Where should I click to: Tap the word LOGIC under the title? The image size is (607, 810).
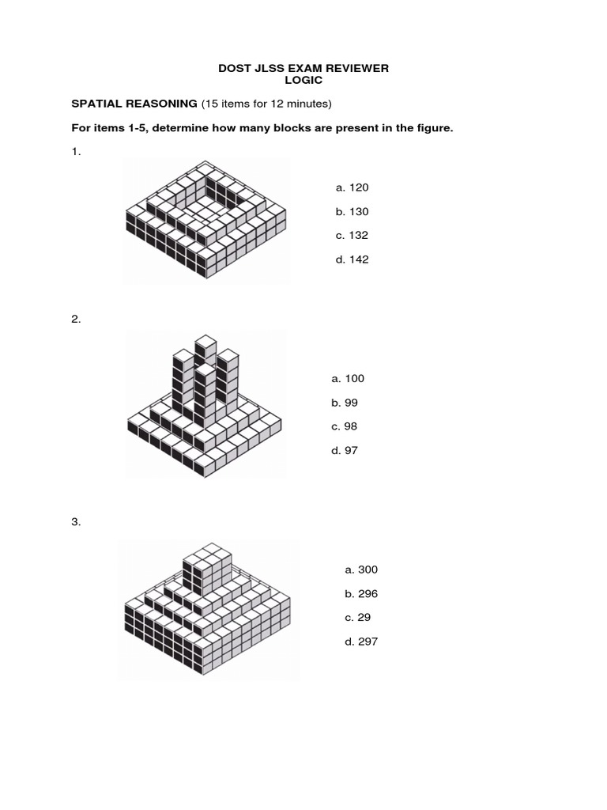[303, 81]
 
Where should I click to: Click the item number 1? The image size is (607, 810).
[76, 152]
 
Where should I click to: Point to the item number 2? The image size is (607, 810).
[76, 319]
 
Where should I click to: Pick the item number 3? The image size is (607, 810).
[76, 522]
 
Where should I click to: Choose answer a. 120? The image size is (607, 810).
[352, 187]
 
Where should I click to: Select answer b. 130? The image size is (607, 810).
[352, 211]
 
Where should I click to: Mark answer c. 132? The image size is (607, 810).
[352, 235]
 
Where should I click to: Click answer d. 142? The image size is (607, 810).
[352, 259]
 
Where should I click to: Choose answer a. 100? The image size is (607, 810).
[348, 378]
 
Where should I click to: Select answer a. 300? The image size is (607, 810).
[361, 570]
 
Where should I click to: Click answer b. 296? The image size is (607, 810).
[361, 593]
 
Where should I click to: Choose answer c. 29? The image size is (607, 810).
[357, 617]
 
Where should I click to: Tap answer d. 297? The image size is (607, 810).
[361, 642]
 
